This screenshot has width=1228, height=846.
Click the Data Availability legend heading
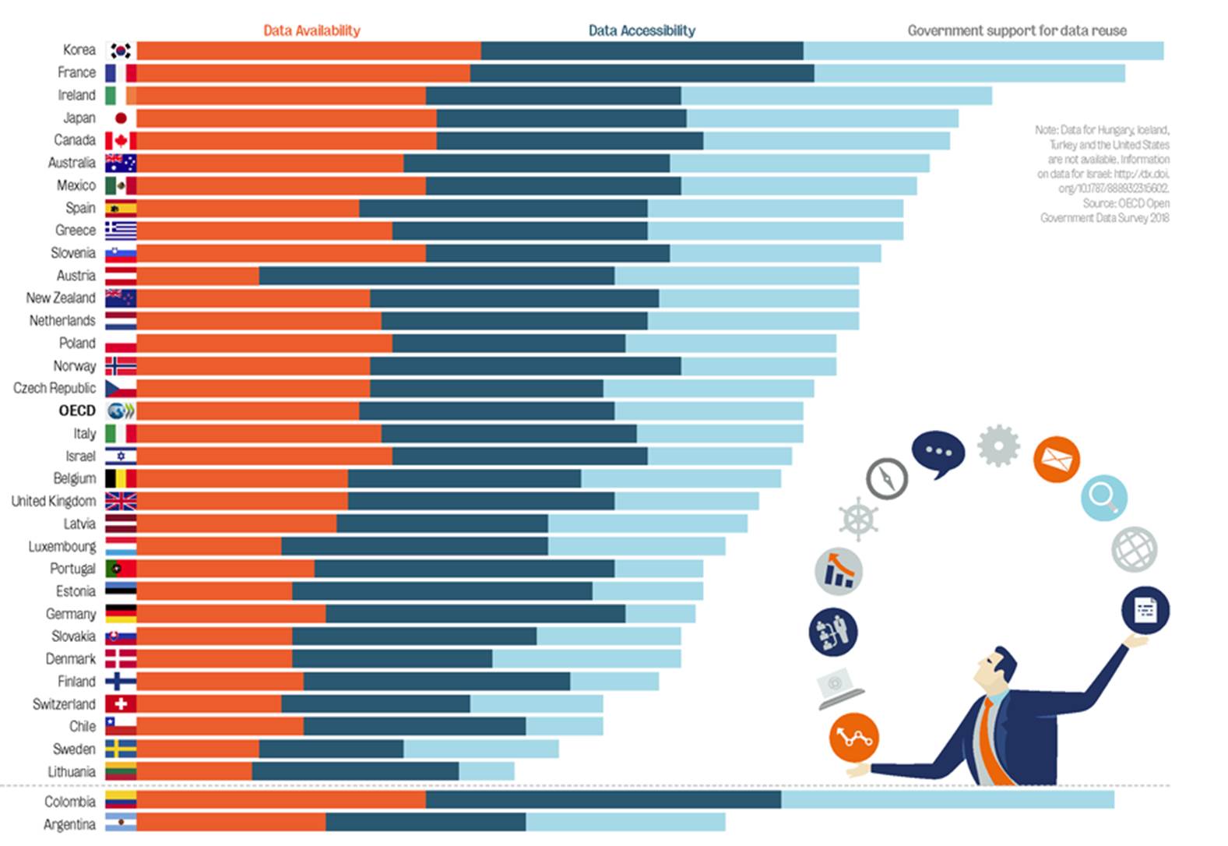(x=311, y=30)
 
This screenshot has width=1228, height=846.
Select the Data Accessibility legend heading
(x=642, y=30)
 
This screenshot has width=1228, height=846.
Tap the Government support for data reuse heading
(x=1016, y=30)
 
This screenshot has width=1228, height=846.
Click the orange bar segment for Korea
(x=308, y=51)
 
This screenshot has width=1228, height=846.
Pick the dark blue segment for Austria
(x=436, y=276)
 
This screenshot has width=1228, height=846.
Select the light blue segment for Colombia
(x=947, y=800)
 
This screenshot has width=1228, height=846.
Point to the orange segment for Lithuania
(x=194, y=771)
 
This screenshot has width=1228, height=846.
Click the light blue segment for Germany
(x=660, y=614)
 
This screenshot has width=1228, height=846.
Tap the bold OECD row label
(x=77, y=411)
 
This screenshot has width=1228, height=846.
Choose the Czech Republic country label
(x=55, y=388)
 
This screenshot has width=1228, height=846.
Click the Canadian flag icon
(x=121, y=140)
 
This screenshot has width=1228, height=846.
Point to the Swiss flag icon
(x=121, y=703)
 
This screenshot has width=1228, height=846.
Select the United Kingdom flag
(x=121, y=501)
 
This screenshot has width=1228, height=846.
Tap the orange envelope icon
(x=1056, y=460)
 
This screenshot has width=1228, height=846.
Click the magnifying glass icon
(x=1103, y=497)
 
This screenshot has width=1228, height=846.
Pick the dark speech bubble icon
(x=938, y=453)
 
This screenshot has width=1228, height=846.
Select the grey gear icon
(x=998, y=446)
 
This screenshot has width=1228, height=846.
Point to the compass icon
(x=887, y=478)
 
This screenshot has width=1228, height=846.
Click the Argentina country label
(x=69, y=823)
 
